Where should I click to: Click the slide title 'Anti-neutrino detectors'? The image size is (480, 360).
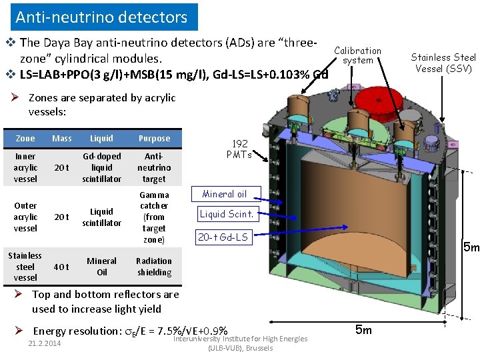101,17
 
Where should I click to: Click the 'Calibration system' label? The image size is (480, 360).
357,55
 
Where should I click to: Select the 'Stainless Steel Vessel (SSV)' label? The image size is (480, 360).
443,63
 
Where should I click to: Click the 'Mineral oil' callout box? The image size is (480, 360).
224,194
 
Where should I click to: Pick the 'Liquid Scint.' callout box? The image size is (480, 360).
227,214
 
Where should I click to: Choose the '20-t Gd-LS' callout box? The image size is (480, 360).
223,237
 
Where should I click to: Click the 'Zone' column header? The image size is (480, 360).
25,138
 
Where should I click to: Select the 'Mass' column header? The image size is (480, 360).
61,138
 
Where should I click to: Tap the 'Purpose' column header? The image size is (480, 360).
154,138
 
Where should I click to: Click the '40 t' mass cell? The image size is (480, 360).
61,267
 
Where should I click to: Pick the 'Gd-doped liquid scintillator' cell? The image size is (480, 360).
101,167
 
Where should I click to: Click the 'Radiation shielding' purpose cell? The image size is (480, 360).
154,267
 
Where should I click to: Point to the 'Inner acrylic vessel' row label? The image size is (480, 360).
25,167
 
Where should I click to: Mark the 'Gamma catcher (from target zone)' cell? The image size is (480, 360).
154,217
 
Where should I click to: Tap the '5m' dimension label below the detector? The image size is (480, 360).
363,329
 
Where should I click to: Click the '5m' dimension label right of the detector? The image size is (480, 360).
470,248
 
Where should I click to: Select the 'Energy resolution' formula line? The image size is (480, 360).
130,331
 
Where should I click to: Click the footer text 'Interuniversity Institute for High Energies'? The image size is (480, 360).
240,339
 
